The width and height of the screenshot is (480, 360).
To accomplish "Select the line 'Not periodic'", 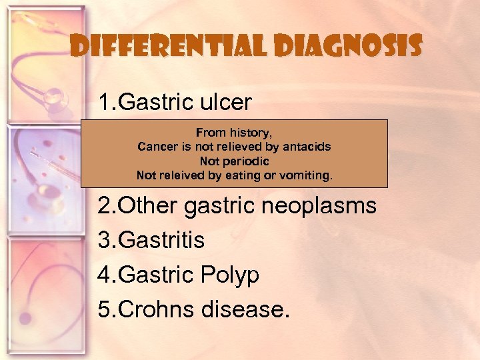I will point(234,161).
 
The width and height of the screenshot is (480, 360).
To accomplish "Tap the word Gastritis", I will point(157,240).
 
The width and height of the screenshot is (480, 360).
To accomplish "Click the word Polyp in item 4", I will point(233,275).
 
